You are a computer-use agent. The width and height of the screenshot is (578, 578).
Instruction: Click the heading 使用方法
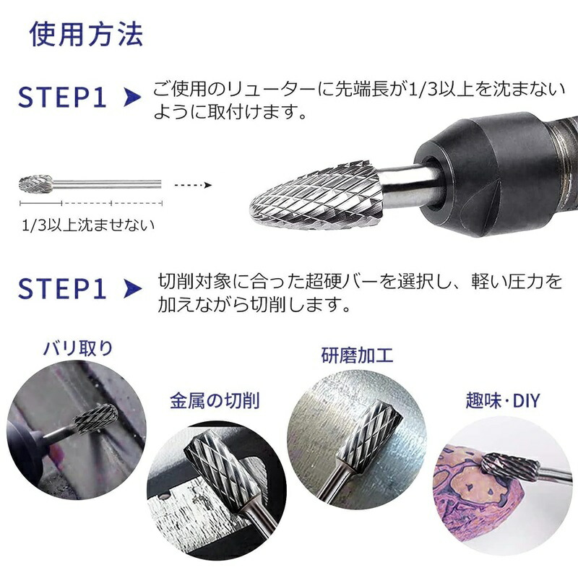pos(86,34)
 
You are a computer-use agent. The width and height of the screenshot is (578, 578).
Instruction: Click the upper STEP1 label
pos(62,98)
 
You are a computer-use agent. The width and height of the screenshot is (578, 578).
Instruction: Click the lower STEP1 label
pos(62,288)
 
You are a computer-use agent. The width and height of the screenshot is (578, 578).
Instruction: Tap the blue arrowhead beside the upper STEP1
pos(132,98)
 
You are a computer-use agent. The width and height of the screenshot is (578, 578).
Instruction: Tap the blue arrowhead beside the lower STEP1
pos(132,288)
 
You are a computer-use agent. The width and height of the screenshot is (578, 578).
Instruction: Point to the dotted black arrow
pos(193,185)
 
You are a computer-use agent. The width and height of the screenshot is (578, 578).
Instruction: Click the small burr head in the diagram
pos(35,184)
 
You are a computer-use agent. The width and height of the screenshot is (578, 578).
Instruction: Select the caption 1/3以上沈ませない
pos(88,225)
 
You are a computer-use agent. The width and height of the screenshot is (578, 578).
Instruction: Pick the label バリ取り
pos(78,348)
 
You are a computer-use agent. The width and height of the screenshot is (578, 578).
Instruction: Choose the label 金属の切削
pos(215,401)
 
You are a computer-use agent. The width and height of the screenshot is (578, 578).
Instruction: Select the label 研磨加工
pos(357,355)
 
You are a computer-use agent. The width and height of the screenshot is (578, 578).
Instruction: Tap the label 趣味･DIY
pos(503,401)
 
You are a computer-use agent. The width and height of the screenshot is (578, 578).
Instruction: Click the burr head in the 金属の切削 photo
pos(218,467)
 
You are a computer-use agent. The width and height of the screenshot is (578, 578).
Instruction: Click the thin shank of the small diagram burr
pos(107,184)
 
